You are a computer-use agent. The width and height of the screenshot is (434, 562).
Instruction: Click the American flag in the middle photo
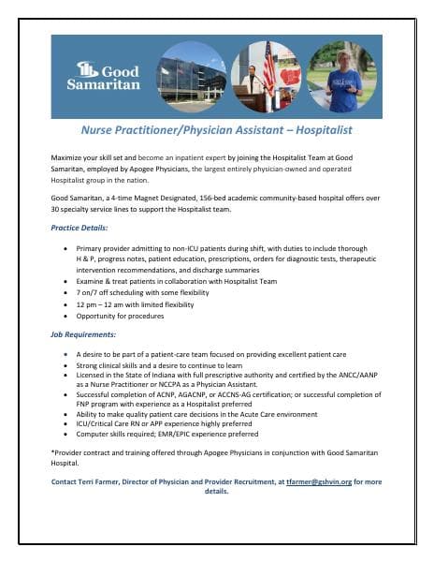point(269,68)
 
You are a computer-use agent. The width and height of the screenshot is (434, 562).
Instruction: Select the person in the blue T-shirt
point(343,80)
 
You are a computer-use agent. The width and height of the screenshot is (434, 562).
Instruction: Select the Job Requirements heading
point(83,334)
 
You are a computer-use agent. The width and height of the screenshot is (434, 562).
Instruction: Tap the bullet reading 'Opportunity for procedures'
point(126,316)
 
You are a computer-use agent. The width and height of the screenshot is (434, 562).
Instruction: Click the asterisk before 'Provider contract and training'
point(53,451)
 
